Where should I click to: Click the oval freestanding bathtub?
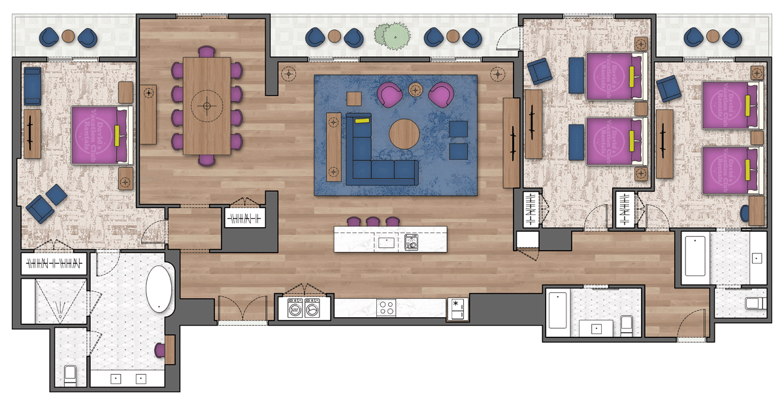[159, 288]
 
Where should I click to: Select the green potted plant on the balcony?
[391, 37]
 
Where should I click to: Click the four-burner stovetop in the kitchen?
[385, 308]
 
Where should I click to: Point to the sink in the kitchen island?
[386, 243]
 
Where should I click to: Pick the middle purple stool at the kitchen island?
[372, 222]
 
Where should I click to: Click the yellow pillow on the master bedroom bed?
[117, 135]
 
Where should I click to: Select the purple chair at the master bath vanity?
[159, 350]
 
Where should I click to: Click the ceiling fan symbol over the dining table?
[207, 106]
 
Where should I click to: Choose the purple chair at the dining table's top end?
[206, 52]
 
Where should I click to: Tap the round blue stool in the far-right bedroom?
[745, 212]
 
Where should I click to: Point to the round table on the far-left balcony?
[69, 37]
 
